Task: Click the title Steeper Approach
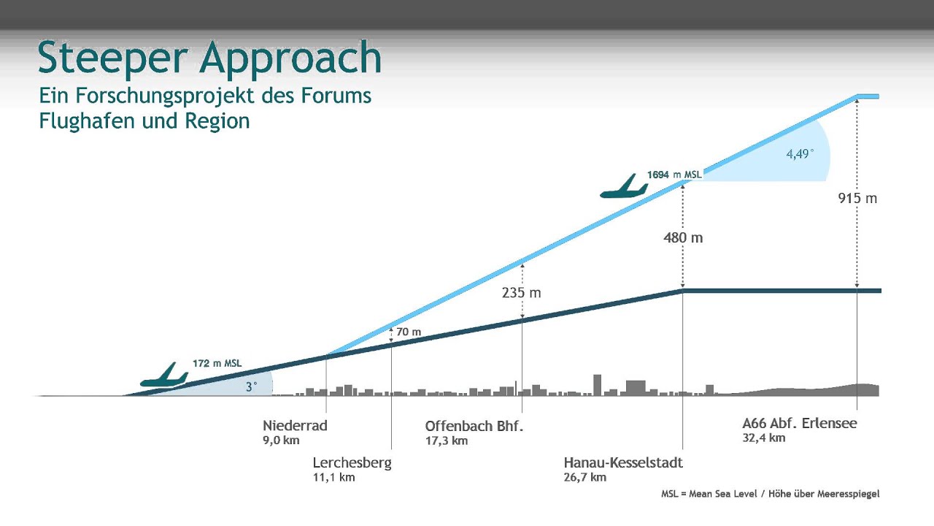pyautogui.click(x=209, y=58)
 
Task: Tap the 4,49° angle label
pyautogui.click(x=799, y=154)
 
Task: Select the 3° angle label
pyautogui.click(x=251, y=387)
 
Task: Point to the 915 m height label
pyautogui.click(x=857, y=198)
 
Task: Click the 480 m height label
pyautogui.click(x=683, y=237)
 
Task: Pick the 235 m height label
pyautogui.click(x=522, y=293)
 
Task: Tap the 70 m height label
pyautogui.click(x=409, y=332)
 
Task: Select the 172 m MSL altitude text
pyautogui.click(x=217, y=363)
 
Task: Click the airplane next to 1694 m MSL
pyautogui.click(x=623, y=188)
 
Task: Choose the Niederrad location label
pyautogui.click(x=295, y=425)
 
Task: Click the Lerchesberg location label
pyautogui.click(x=352, y=462)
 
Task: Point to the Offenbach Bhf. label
pyautogui.click(x=474, y=425)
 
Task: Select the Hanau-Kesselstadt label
pyautogui.click(x=623, y=462)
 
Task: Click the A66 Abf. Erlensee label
pyautogui.click(x=799, y=423)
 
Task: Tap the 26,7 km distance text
pyautogui.click(x=584, y=478)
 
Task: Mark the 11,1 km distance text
pyautogui.click(x=333, y=478)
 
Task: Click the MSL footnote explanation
pyautogui.click(x=770, y=494)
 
